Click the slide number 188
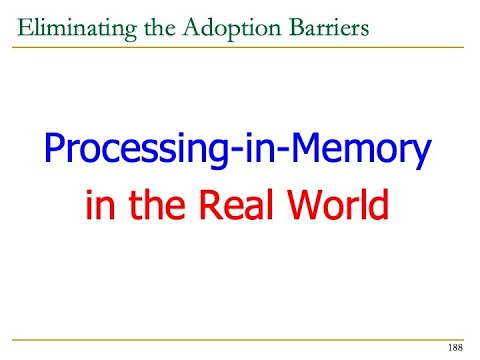[x=455, y=347]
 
